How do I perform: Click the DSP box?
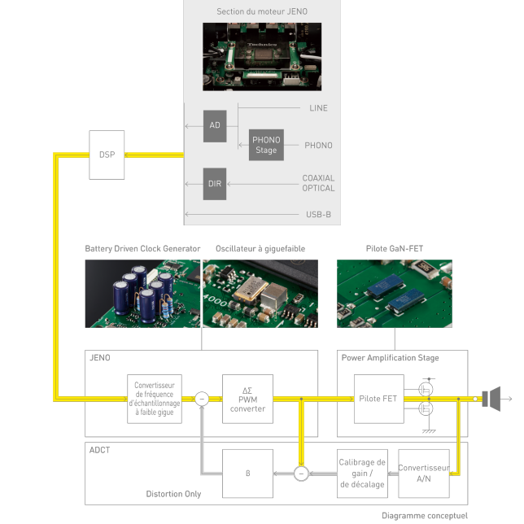[107, 155]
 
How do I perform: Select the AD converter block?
[215, 125]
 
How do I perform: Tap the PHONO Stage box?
[265, 145]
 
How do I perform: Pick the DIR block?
[215, 183]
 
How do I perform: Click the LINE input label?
[319, 108]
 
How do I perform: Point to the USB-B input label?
[319, 215]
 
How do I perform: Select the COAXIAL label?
[318, 178]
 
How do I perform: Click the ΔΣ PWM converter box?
[248, 399]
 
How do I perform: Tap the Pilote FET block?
[378, 399]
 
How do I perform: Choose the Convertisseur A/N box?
[423, 473]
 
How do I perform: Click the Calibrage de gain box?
[362, 473]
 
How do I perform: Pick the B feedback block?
[248, 473]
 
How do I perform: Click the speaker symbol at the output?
[491, 399]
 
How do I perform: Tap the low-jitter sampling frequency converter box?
[155, 399]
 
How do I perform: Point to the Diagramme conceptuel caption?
[425, 516]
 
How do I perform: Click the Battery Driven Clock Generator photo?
[142, 294]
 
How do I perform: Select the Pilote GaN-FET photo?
[395, 294]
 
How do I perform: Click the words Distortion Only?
[173, 494]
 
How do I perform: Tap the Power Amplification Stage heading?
[390, 358]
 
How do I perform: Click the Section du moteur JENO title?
[261, 11]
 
